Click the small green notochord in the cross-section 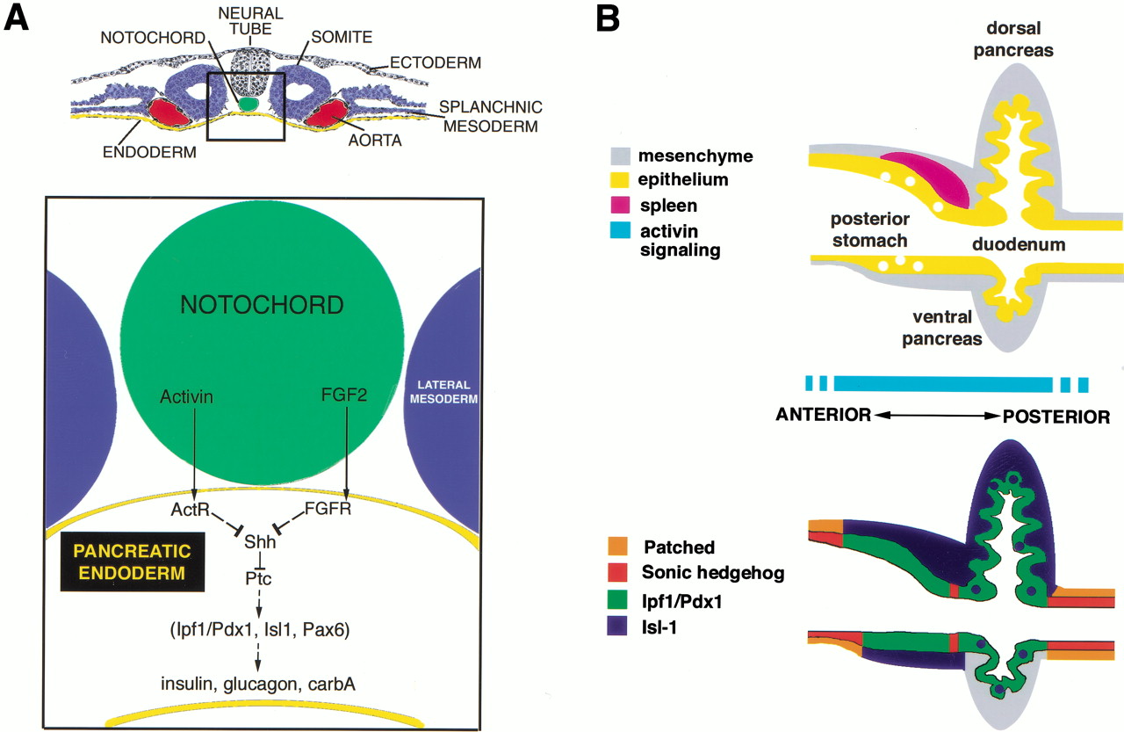(x=250, y=104)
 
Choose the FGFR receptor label (x=328, y=510)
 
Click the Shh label (x=263, y=542)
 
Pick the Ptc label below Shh (x=262, y=579)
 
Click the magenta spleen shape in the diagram (x=926, y=176)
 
